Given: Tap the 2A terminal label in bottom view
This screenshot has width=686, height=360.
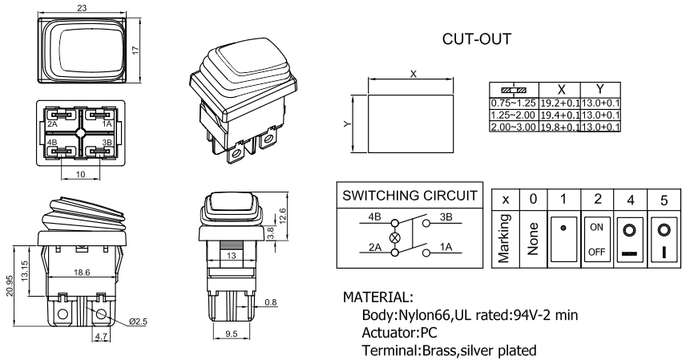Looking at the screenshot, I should (53, 124).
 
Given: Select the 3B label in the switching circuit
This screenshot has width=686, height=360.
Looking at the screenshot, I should (447, 217).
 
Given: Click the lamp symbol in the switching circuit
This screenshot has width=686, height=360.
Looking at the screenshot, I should (393, 238).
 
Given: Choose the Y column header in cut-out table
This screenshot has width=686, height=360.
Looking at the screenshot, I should (599, 89).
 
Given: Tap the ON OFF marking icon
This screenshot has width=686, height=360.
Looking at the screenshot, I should (596, 238).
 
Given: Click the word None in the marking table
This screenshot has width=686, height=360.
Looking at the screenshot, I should (532, 238).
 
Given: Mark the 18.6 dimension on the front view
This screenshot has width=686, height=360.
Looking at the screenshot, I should (83, 273).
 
